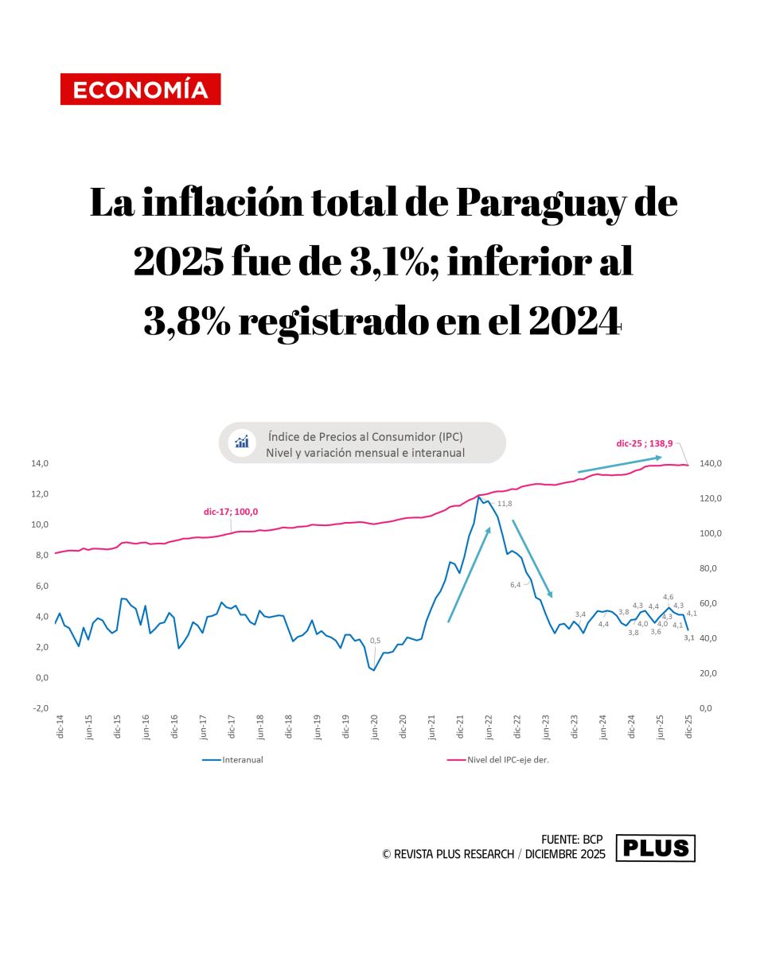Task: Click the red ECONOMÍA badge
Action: [x=140, y=89]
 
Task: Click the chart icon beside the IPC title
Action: [x=242, y=442]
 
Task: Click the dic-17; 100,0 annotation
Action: [x=231, y=512]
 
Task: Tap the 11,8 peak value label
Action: [x=505, y=504]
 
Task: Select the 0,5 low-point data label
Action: [x=375, y=641]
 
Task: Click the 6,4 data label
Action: [x=515, y=585]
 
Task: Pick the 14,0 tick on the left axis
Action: [x=40, y=463]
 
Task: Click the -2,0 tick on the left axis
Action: [x=40, y=708]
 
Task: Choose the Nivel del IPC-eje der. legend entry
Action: [x=509, y=760]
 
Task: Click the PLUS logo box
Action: [x=656, y=848]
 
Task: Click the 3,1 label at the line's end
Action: [x=689, y=637]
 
